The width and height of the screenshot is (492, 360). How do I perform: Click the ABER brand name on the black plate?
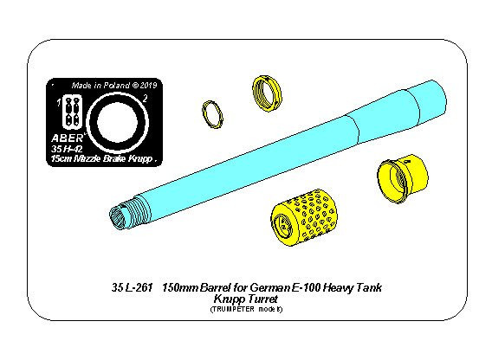click(x=68, y=138)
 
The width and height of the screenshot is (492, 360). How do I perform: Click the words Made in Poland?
click(x=100, y=86)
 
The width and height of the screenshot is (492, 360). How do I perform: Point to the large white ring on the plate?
click(x=117, y=93)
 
